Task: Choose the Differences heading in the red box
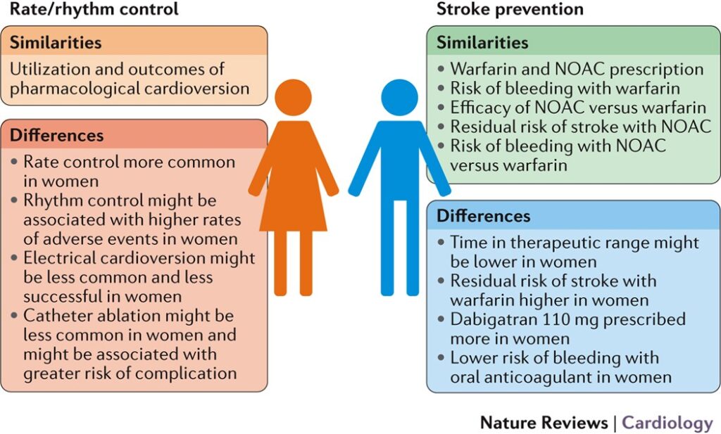coord(57,135)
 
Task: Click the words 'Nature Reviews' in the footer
coord(544,423)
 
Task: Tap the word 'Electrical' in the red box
coord(60,258)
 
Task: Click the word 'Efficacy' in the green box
coord(479,108)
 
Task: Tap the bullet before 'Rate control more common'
coord(15,162)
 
